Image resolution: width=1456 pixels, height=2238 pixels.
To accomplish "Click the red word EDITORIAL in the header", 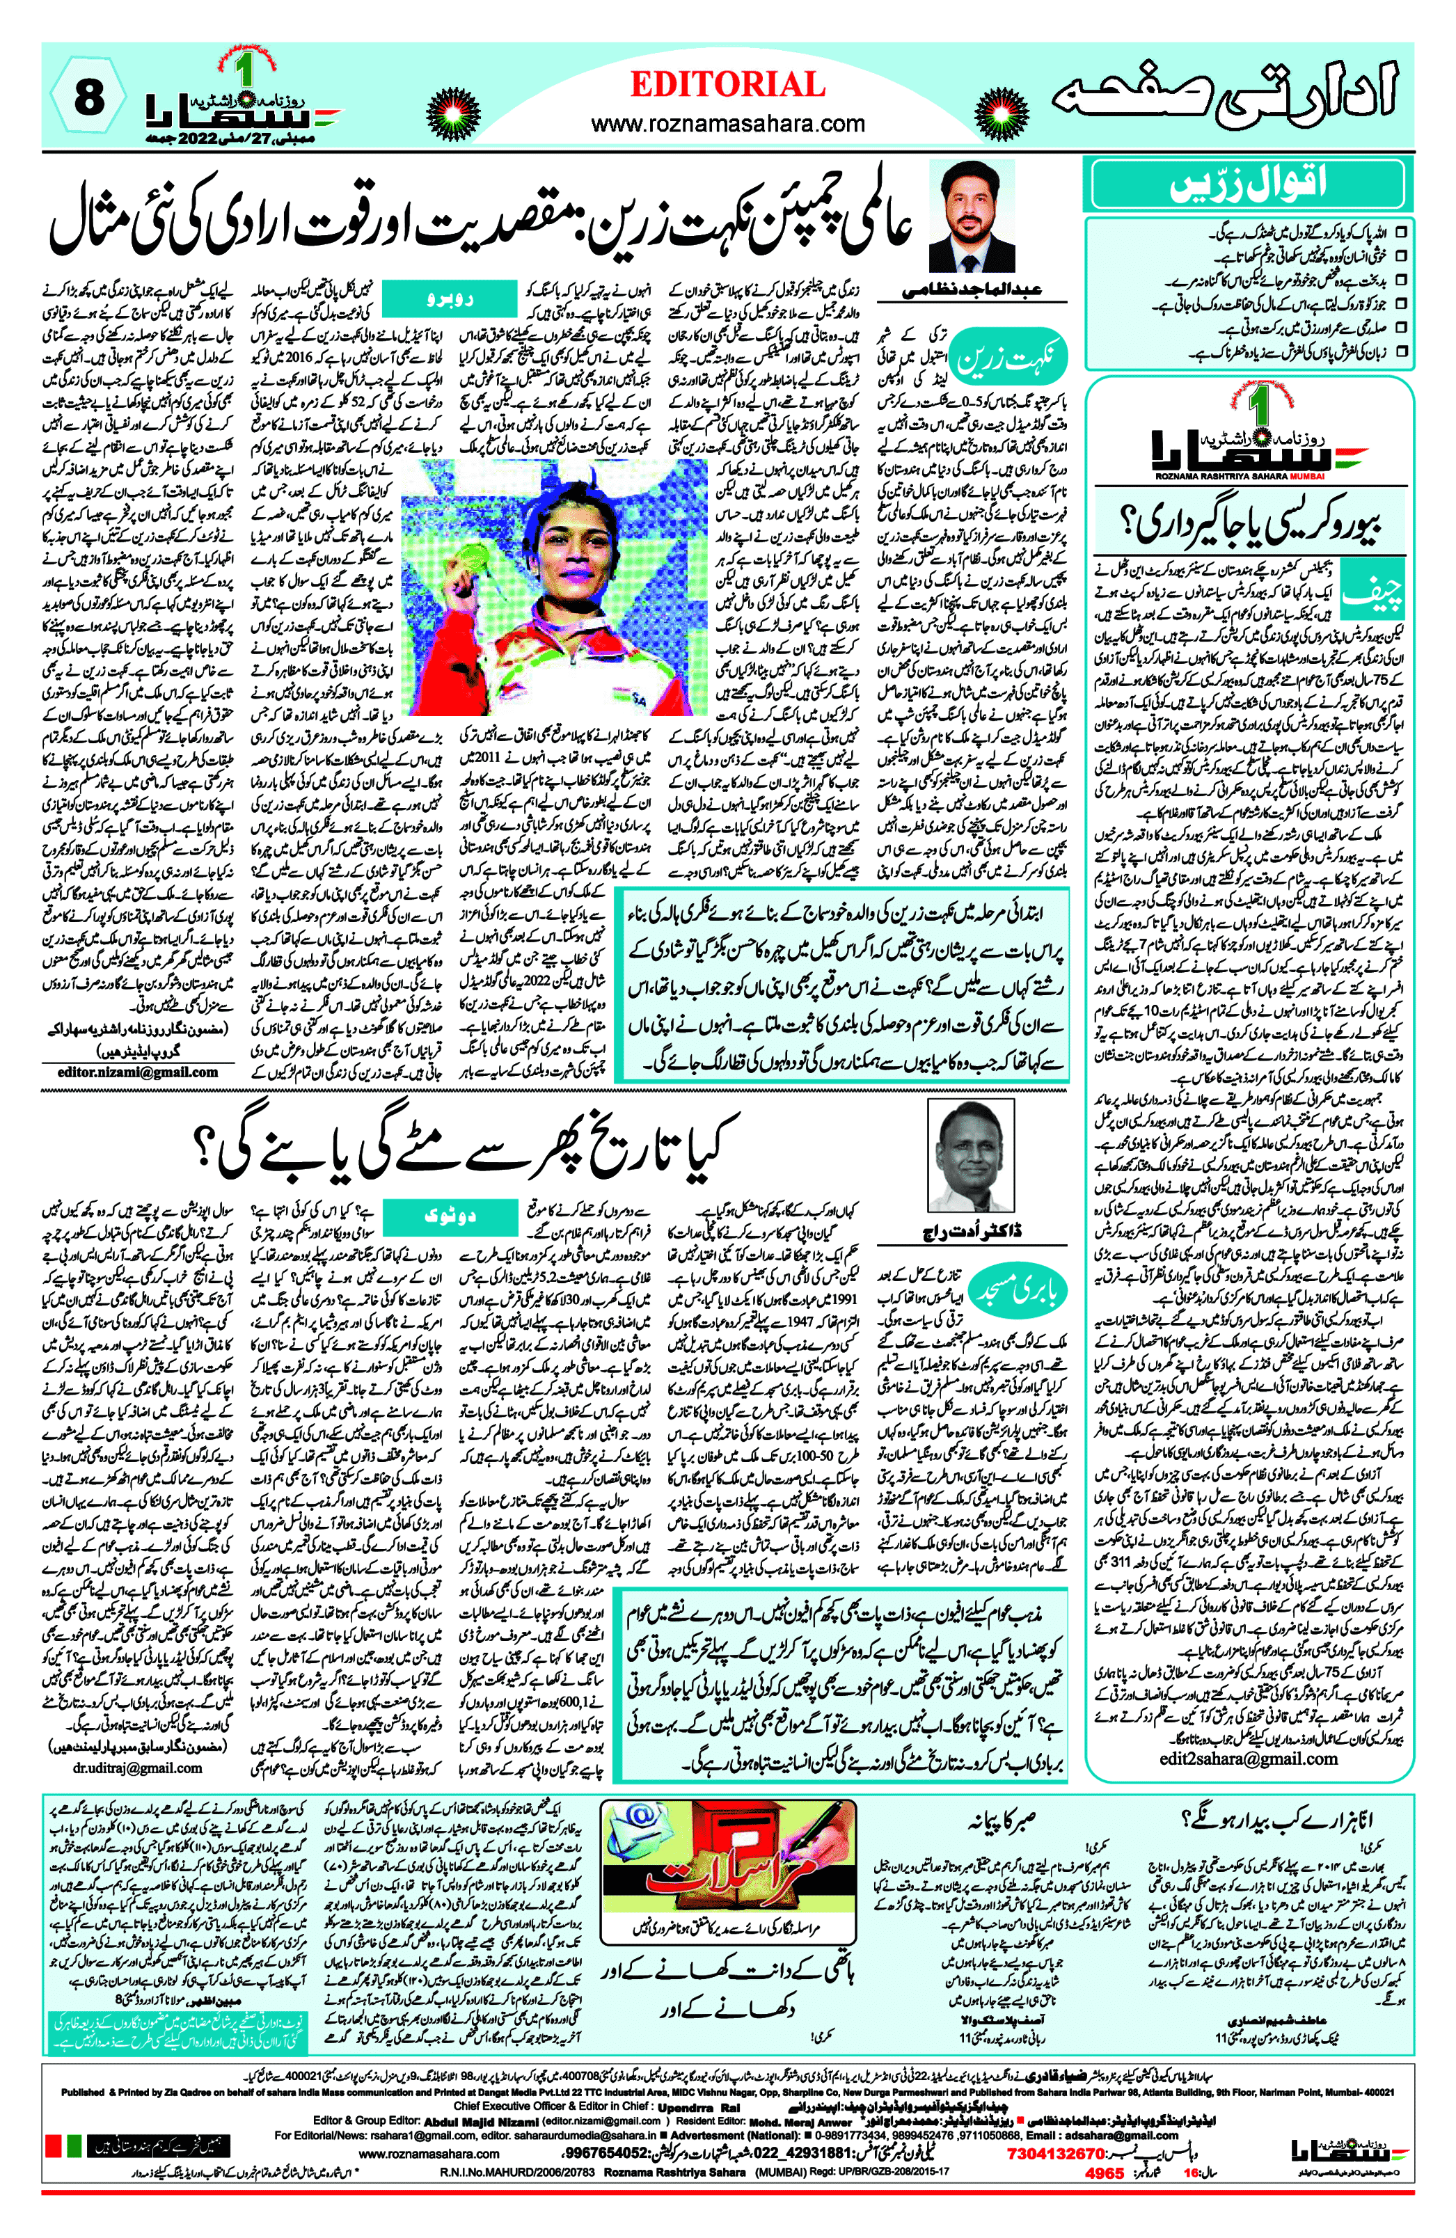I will pos(727,85).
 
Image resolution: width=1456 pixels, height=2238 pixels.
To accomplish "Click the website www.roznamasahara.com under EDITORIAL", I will pos(727,123).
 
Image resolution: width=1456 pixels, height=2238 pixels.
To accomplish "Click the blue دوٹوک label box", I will pos(444,1215).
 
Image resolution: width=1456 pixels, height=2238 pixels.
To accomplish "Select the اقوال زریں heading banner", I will pos(1248,183).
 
